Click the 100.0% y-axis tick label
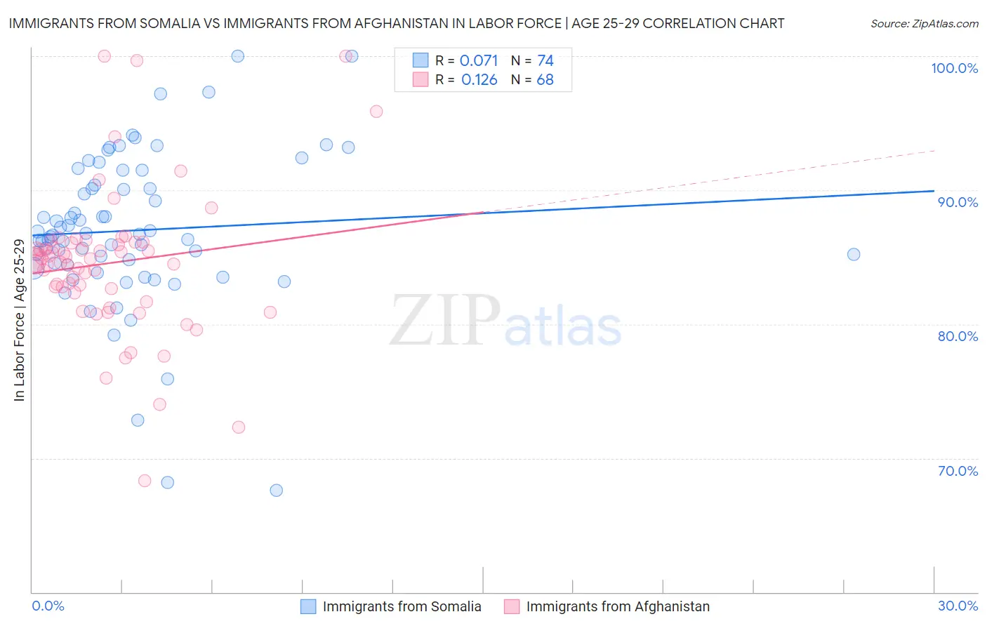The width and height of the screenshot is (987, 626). (954, 68)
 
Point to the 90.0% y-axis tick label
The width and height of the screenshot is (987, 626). (958, 202)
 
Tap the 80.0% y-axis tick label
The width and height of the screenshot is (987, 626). (958, 336)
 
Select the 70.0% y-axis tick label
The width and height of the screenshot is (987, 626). (958, 471)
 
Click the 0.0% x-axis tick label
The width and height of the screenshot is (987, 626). (48, 606)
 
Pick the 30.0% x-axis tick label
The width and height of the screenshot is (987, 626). (958, 606)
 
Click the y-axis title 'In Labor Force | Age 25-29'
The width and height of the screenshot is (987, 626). (19, 320)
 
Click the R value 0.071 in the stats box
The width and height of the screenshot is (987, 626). (479, 61)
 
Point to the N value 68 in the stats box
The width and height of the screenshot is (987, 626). (545, 80)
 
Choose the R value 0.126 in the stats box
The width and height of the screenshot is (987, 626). (479, 80)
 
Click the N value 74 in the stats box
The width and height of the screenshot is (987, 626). (545, 61)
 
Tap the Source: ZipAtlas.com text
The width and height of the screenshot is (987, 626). (924, 24)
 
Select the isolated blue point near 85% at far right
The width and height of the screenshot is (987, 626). (854, 254)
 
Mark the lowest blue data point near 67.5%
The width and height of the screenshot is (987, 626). (277, 490)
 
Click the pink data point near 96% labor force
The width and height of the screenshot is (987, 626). (376, 112)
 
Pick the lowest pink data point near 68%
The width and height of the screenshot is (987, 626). (145, 481)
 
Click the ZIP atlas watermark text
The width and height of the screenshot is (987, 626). (505, 321)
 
